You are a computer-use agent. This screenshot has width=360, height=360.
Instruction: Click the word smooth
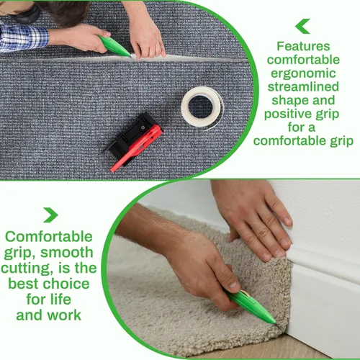coord(68,253)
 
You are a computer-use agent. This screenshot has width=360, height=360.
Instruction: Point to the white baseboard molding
coord(324,288)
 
